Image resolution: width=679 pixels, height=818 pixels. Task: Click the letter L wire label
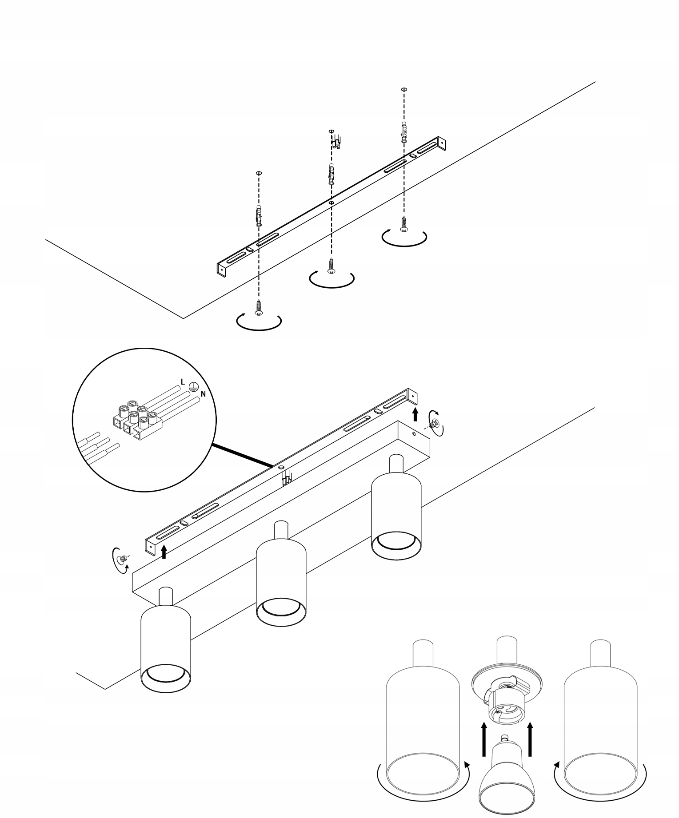coord(183,381)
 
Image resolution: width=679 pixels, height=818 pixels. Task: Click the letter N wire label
coord(203,393)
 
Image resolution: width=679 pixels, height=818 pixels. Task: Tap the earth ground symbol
coord(193,386)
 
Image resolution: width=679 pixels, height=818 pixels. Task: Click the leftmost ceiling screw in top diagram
coord(259,307)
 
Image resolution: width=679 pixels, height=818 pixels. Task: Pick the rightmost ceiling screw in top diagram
coord(404,223)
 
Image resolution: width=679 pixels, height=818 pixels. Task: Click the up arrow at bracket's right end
coord(415,414)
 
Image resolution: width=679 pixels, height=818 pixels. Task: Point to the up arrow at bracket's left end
coord(164,551)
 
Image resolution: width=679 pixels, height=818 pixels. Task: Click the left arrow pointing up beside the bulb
coord(484,739)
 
